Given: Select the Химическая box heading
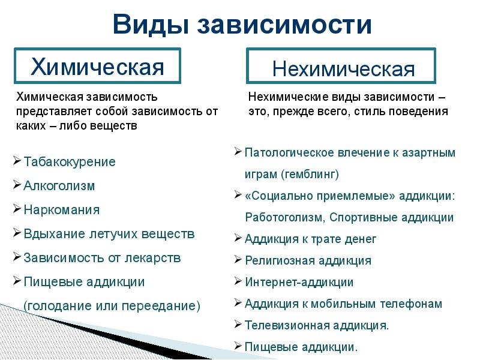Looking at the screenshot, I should (x=97, y=66).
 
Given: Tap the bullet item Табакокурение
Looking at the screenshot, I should (x=69, y=162).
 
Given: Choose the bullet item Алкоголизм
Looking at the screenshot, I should (x=59, y=186).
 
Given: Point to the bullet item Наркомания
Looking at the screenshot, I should (x=61, y=210).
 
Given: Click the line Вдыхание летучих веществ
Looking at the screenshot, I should (x=109, y=234).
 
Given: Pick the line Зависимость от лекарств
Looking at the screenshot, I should (x=102, y=258).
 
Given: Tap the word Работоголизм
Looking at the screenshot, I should (x=282, y=218).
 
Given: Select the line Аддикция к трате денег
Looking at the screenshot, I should (x=310, y=239).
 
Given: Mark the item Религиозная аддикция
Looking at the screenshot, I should (x=308, y=260).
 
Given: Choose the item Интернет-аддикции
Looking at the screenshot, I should (x=299, y=282).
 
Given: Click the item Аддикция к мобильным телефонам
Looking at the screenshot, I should (x=343, y=304).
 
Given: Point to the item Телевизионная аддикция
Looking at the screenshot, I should (x=316, y=325).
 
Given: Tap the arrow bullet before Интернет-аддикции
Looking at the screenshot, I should (x=238, y=281).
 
